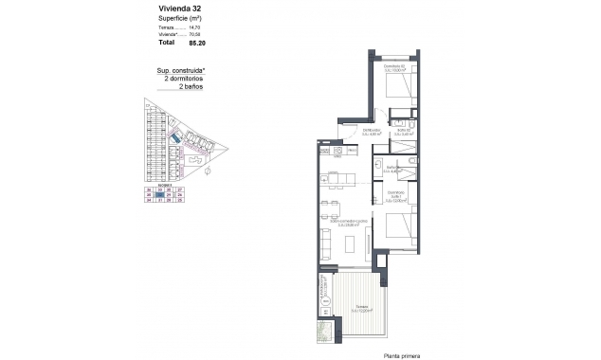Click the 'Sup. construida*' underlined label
[x=178, y=70]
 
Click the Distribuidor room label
[x=372, y=133]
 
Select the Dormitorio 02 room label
[x=394, y=67]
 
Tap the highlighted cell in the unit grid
[x=159, y=195]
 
